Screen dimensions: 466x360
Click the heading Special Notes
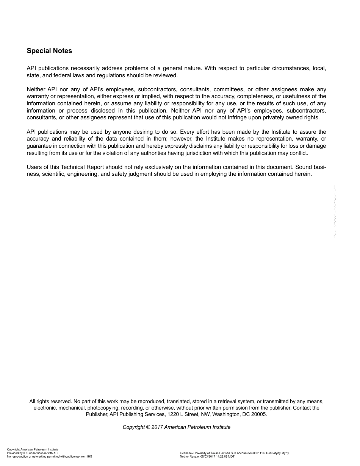tap(49, 51)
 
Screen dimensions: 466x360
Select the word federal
tap(61, 75)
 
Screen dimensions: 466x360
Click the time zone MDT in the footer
tap(231, 457)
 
